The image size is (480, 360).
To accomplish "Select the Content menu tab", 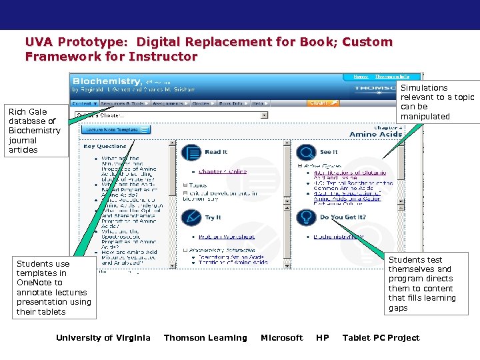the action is pyautogui.click(x=84, y=103).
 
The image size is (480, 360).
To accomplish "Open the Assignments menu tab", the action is pyautogui.click(x=168, y=103).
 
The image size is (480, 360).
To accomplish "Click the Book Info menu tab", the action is pyautogui.click(x=231, y=103).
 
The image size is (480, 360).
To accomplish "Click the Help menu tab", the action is pyautogui.click(x=258, y=103).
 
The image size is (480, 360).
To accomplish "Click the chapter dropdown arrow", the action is pyautogui.click(x=264, y=115).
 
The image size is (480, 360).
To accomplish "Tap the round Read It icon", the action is pyautogui.click(x=191, y=153).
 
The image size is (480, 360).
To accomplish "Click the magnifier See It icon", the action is pyautogui.click(x=307, y=153).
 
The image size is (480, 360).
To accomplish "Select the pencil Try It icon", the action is pyautogui.click(x=191, y=217).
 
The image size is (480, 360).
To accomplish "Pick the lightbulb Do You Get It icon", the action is pyautogui.click(x=307, y=217).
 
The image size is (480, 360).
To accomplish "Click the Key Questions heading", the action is pyautogui.click(x=105, y=146).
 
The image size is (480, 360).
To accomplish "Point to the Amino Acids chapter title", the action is pyautogui.click(x=377, y=134).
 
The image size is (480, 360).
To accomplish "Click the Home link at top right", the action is pyautogui.click(x=361, y=77).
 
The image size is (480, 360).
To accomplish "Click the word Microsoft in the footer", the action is pyautogui.click(x=281, y=338).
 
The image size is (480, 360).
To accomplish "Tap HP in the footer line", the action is pyautogui.click(x=323, y=338).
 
